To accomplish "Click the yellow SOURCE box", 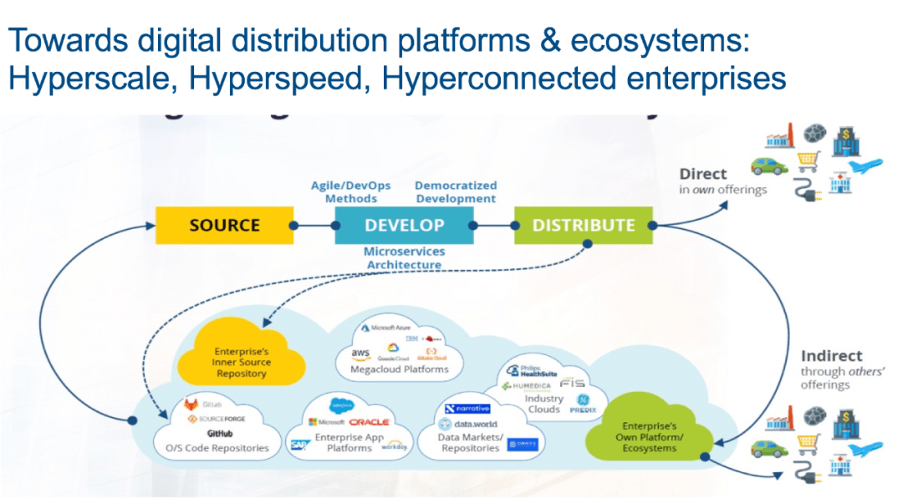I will [224, 225].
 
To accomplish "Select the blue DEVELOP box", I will [404, 225].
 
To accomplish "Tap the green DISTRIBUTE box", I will [584, 225].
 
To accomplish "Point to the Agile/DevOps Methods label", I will [351, 192].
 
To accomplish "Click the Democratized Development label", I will [456, 192].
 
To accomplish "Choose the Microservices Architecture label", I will [403, 258].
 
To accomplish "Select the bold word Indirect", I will [831, 356].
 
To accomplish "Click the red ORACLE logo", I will [369, 422].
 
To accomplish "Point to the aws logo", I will [361, 354].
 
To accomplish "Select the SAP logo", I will [298, 444].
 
